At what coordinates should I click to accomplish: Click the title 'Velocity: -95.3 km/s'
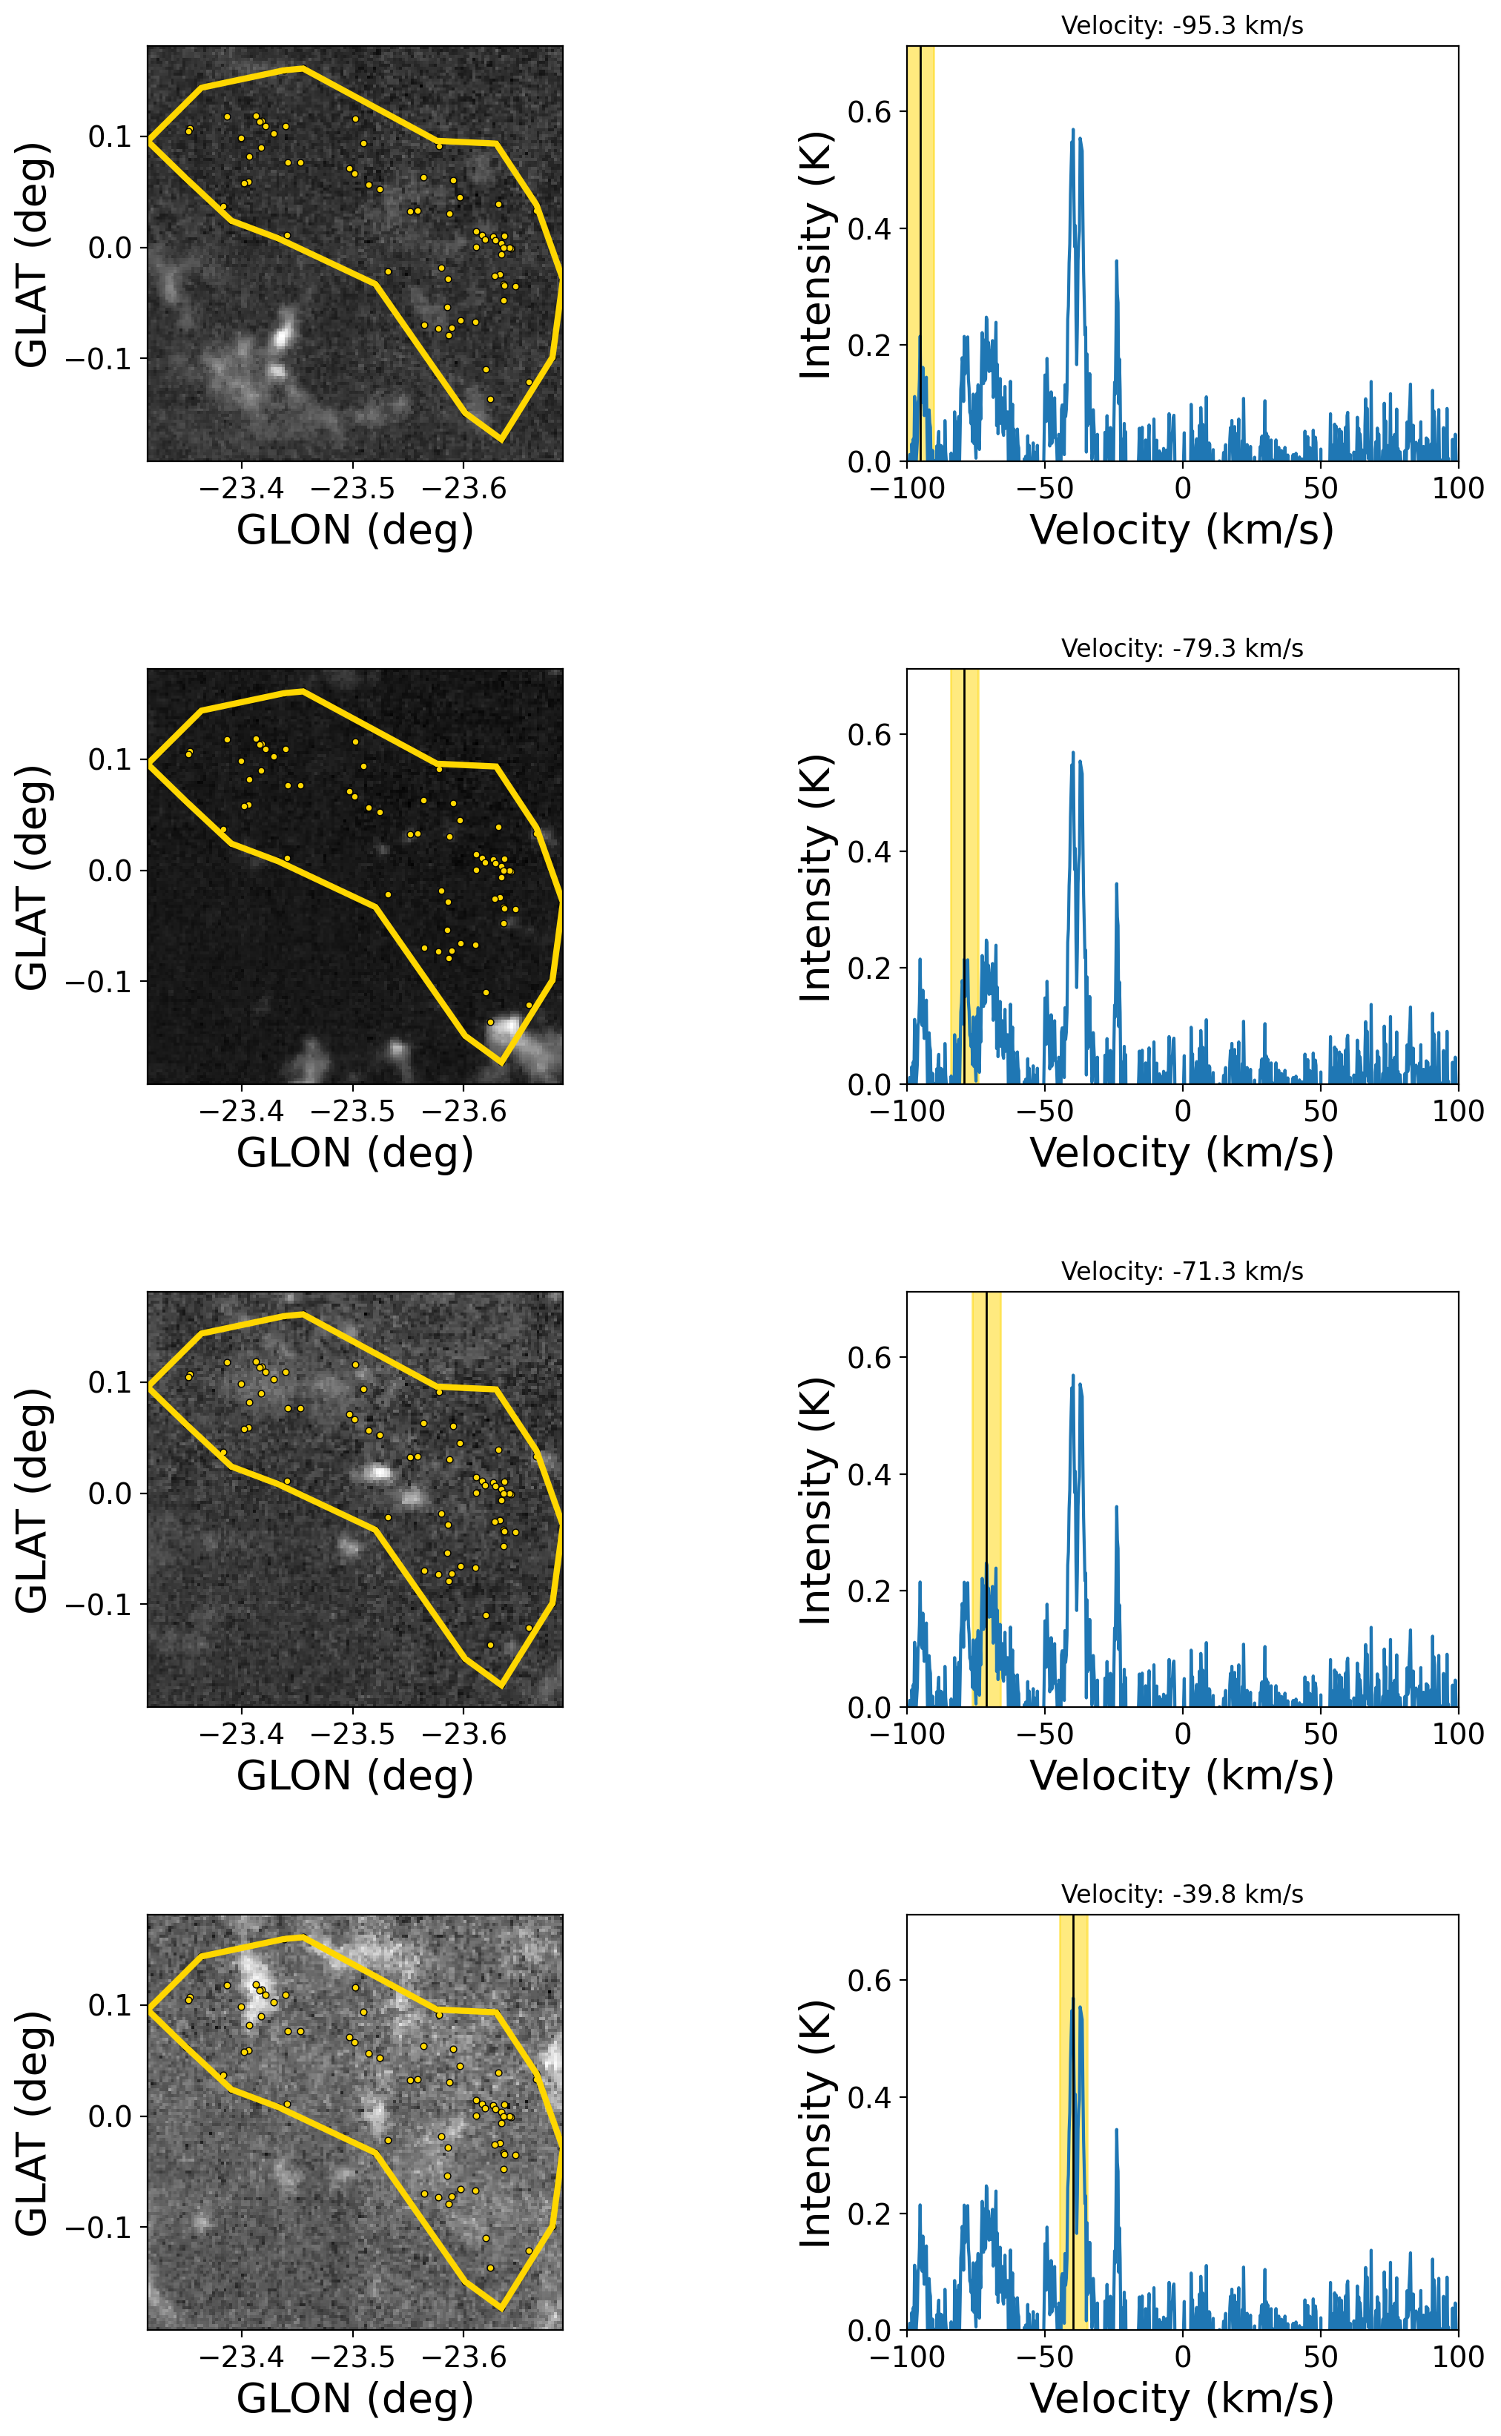(1181, 26)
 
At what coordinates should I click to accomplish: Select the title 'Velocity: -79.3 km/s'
(1181, 648)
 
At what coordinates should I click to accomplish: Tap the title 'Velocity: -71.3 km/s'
(1181, 1272)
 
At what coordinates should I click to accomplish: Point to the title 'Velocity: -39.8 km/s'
(1181, 1894)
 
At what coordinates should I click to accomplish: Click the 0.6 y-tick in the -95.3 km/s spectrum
(870, 112)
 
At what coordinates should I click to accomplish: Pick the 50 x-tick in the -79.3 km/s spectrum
(1320, 1111)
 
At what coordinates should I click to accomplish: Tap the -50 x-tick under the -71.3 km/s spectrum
(1044, 1734)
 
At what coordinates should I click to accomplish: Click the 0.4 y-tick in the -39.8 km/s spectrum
(870, 2098)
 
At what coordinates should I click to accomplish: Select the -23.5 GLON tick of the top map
(352, 489)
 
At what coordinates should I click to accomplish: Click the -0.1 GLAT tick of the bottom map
(97, 2228)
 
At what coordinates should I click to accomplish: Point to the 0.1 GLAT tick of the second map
(109, 759)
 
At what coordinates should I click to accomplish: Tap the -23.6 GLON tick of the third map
(464, 1734)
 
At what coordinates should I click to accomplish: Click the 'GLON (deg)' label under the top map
(354, 530)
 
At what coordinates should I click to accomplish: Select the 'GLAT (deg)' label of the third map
(33, 1500)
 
